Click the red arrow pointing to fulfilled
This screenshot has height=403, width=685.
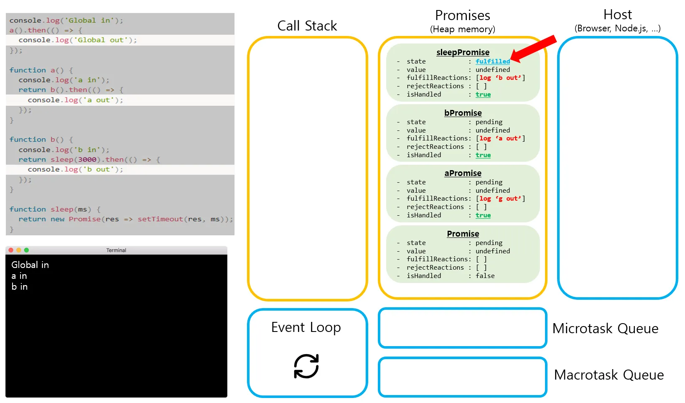tap(534, 49)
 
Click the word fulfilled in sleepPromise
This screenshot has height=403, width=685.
tap(493, 61)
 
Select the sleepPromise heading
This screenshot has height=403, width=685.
tap(463, 52)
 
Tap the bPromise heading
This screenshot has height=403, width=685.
tap(463, 113)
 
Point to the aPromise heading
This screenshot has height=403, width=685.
tap(463, 173)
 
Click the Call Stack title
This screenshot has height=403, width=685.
tap(307, 26)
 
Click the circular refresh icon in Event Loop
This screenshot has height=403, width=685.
tap(306, 366)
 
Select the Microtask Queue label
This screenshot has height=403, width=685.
tap(605, 328)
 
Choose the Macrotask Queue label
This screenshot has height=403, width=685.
tap(609, 375)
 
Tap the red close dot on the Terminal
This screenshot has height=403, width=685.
tap(11, 250)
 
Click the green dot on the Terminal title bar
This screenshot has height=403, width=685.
tap(27, 250)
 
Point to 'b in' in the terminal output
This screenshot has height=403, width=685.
tap(20, 287)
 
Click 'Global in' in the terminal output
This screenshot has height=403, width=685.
tap(30, 265)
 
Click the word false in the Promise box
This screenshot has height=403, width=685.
tap(485, 276)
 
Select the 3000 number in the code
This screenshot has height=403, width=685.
tap(87, 159)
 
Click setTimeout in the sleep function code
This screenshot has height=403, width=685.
tap(160, 219)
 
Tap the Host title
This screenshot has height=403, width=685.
tap(617, 14)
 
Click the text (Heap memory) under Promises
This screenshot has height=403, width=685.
tap(463, 29)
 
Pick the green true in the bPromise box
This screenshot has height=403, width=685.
tap(483, 155)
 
